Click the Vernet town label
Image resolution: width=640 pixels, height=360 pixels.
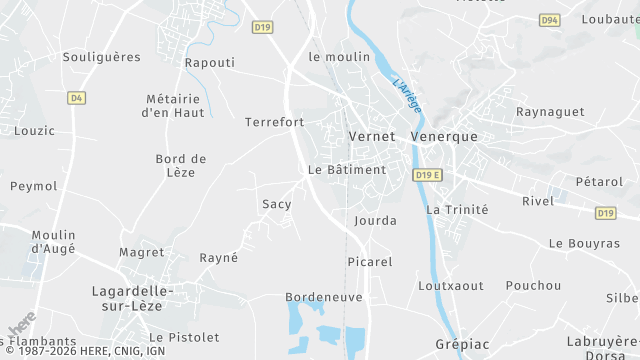pos(372,136)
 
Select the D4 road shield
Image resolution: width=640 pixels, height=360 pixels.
pos(77,98)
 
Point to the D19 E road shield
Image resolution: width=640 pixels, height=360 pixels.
pos(427,175)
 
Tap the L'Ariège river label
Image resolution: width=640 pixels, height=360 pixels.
pos(407,95)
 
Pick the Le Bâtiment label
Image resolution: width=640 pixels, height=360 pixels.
pos(347,170)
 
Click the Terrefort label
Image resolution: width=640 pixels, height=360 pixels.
pos(274,122)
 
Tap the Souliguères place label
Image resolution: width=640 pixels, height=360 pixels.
pos(102,57)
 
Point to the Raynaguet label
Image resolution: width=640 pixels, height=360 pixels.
pos(550,112)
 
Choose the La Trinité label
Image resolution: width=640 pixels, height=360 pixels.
pos(457,210)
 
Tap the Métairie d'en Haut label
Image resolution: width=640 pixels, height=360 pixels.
pos(173,105)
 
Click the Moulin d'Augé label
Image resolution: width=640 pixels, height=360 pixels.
pos(54,241)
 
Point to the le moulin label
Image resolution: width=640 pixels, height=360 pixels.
pos(340,57)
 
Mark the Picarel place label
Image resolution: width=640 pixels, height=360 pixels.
pos(370,261)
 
